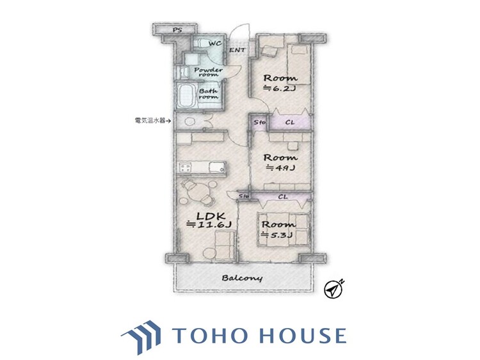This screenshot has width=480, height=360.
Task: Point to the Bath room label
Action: [x=209, y=94]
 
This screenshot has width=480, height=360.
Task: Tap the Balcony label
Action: [x=243, y=278]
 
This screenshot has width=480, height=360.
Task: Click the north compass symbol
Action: [x=334, y=289]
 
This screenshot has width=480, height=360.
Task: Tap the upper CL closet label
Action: [x=289, y=121]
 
